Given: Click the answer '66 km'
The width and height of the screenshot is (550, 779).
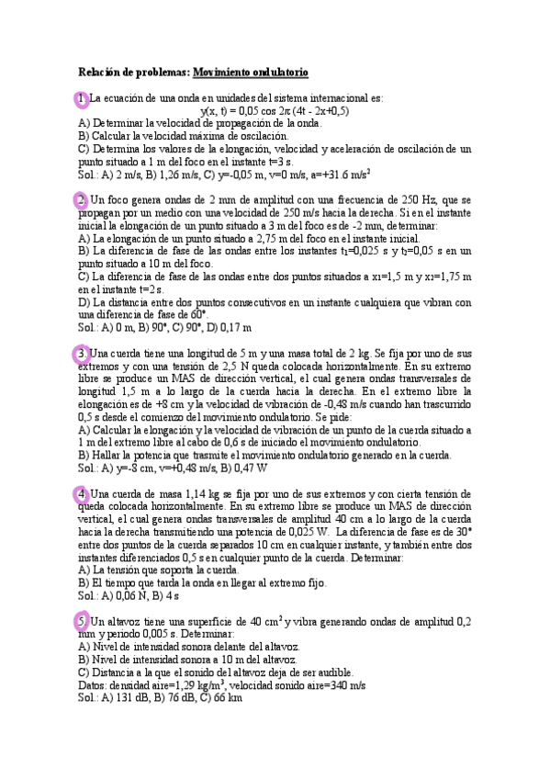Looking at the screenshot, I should (226, 697).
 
